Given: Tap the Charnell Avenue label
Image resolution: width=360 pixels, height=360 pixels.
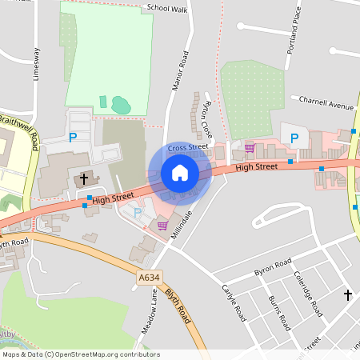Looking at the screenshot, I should tap(326, 105).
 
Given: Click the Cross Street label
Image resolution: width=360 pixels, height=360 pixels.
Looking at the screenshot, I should tap(188, 148).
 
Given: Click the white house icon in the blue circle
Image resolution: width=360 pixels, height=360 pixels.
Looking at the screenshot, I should tap(179, 173).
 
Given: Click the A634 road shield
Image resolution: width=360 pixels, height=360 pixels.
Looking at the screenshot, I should tap(147, 278).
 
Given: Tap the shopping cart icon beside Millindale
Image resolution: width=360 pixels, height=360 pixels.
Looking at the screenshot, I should tap(162, 226).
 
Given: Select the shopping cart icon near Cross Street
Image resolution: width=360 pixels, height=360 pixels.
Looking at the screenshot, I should tap(250, 147).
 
